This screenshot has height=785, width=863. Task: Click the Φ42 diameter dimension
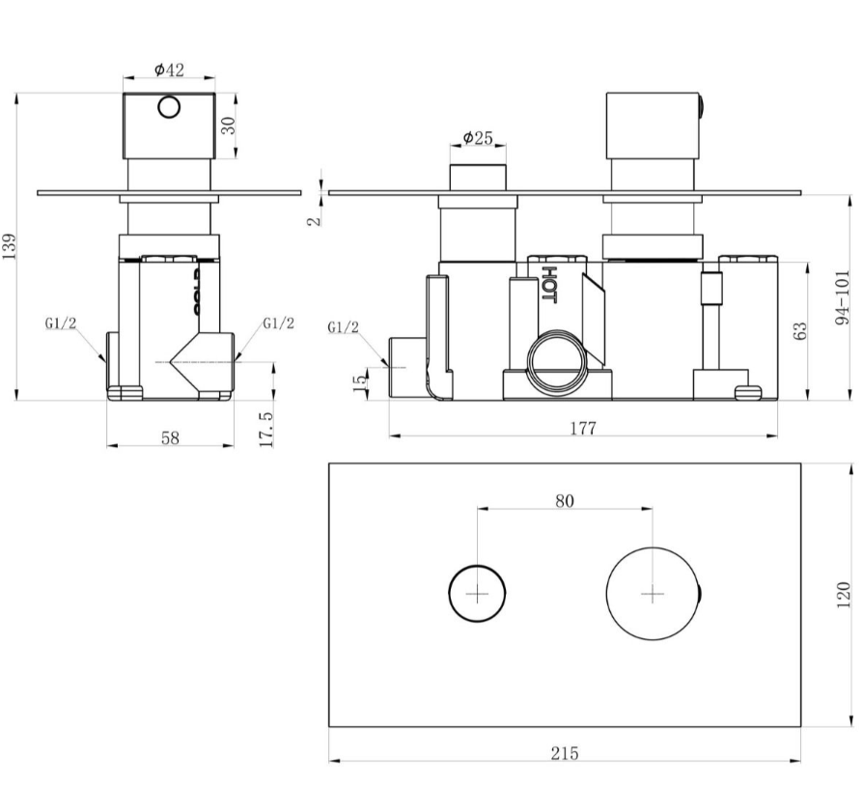(x=169, y=70)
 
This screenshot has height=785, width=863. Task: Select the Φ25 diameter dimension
(x=478, y=138)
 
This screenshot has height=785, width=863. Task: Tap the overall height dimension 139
(x=11, y=246)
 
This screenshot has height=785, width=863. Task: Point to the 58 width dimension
(x=170, y=436)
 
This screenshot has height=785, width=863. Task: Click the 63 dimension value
(x=800, y=330)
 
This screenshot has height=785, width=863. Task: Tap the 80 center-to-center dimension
(x=565, y=500)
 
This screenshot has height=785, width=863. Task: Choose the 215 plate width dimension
(x=565, y=753)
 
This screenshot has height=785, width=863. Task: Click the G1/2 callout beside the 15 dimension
(x=343, y=327)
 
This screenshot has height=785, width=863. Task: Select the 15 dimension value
(x=360, y=382)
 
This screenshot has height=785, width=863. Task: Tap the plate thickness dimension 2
(x=314, y=220)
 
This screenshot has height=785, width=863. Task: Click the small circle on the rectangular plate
(x=478, y=594)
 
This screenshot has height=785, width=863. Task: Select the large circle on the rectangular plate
(x=652, y=594)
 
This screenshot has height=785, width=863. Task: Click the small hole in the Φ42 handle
(x=170, y=106)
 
